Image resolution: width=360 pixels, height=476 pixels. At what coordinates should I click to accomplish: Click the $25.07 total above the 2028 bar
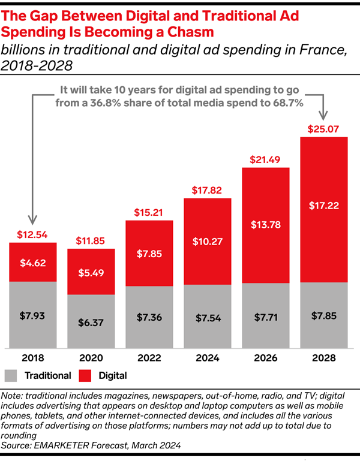pos(323,129)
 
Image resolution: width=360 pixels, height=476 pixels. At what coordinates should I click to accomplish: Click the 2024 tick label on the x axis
pos(207,357)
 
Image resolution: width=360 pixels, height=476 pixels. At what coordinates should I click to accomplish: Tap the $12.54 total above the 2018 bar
pos(32,234)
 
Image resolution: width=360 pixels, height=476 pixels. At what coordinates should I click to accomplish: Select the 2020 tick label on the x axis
pos(91,357)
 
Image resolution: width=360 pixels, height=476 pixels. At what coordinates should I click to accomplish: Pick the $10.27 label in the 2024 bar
pos(207,242)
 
